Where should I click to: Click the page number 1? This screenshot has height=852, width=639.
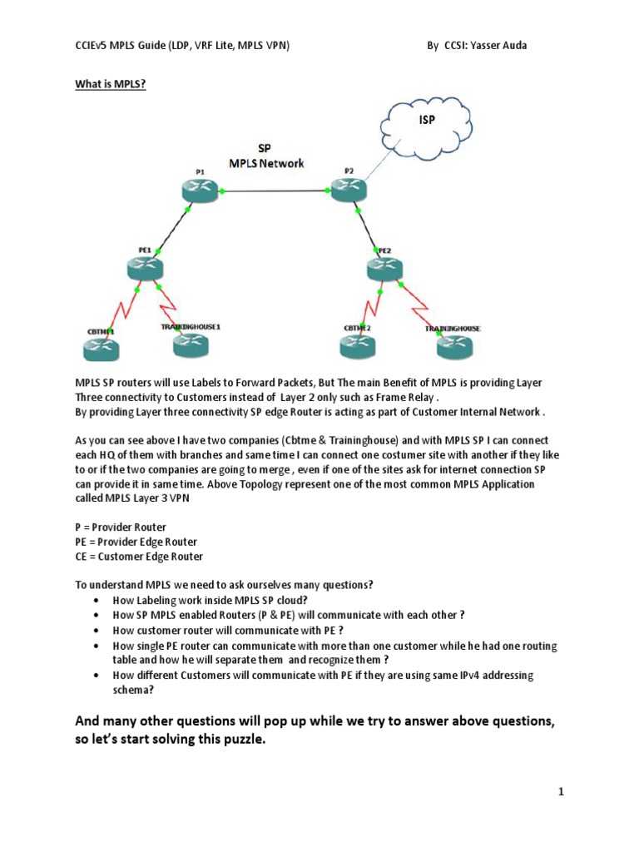pyautogui.click(x=562, y=792)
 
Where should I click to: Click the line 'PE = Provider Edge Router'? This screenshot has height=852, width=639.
pyautogui.click(x=136, y=542)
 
